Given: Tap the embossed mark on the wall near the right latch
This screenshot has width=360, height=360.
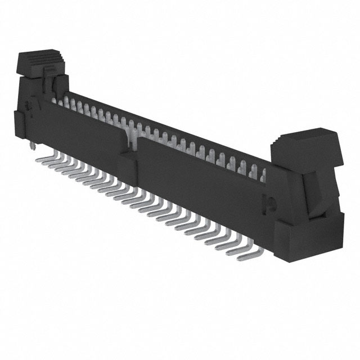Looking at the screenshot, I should (268, 200).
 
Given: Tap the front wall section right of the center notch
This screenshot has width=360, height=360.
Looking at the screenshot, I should (197, 174).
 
